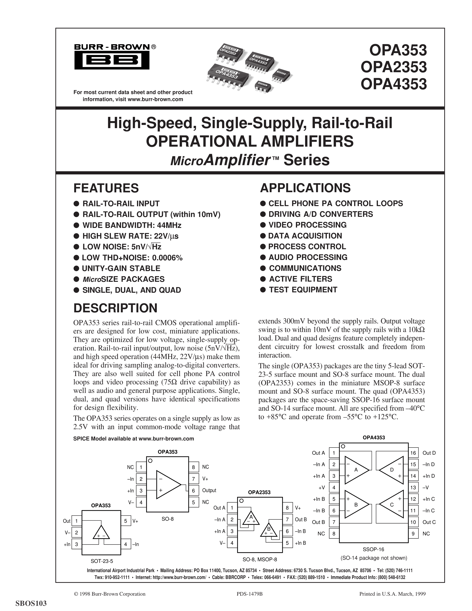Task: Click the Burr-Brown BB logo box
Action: pos(112,60)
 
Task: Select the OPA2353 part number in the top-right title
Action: pos(394,67)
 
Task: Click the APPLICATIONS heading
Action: pos(305,188)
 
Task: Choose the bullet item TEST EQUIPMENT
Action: pos(303,290)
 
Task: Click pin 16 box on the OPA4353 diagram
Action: pos(413,453)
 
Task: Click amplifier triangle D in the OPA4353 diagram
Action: pos(391,470)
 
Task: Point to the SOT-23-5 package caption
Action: pos(102,561)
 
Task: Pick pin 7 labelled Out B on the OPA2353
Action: pos(287,520)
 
